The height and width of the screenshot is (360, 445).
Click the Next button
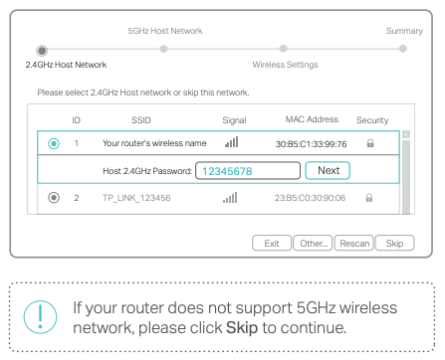329,170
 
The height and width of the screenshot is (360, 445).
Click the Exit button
271,243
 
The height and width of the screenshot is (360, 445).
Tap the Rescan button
354,243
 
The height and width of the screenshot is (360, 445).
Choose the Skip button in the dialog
394,243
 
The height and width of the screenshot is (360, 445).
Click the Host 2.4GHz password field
246,170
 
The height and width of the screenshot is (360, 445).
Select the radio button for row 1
54,143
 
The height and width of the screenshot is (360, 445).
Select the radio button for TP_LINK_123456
54,198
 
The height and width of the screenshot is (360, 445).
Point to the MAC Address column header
312,119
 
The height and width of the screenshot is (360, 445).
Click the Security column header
372,119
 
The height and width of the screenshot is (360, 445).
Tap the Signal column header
234,119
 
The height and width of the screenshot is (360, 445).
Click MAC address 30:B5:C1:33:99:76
311,144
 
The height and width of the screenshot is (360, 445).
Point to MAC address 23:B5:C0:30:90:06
311,198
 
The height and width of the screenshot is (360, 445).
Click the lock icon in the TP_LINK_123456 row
369,198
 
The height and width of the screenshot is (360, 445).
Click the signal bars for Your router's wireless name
231,143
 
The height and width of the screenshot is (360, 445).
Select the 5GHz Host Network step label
165,32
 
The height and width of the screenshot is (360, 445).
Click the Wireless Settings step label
286,65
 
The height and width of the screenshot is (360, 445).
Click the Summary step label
404,32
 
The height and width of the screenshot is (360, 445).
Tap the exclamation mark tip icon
41,314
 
